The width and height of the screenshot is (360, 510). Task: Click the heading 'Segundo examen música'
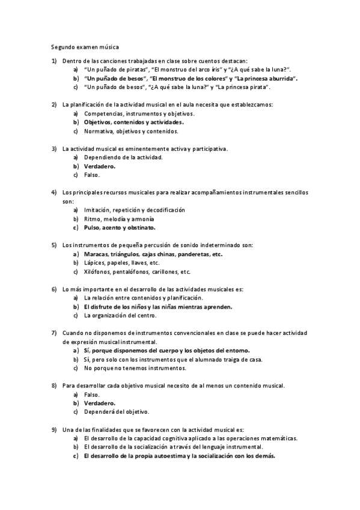coord(85,46)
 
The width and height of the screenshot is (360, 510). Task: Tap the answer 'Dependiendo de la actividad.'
coord(123,157)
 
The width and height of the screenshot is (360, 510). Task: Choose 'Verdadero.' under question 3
coord(100,166)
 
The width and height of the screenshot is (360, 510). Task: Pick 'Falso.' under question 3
coord(92,175)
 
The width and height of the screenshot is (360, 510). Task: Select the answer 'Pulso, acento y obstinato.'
coord(120,228)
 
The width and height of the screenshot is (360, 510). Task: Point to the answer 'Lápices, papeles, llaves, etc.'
coord(121,263)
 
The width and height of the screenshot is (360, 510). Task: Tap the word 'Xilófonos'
coord(98,272)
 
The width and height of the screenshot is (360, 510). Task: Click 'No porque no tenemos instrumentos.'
coord(135,368)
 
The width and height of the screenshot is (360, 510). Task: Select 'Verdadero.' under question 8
coord(100,403)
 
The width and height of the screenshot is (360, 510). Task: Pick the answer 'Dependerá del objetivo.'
coord(117,412)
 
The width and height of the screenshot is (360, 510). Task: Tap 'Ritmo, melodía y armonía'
coord(119,219)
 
